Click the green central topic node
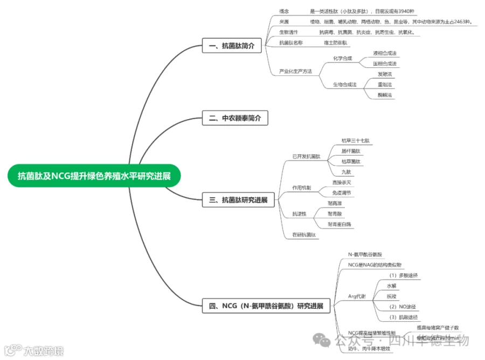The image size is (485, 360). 94,176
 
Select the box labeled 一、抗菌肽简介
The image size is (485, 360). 232,46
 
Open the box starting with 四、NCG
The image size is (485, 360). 266,306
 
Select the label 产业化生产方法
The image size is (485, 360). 295,71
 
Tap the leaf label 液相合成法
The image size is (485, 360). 385,53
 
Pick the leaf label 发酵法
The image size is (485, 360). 385,74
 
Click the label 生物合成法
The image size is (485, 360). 344,84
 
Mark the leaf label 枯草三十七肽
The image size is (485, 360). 355,141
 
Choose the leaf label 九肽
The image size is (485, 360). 346,172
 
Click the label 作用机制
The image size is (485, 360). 301,188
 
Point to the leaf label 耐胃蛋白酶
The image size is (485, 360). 339,224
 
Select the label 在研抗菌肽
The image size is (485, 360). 304,234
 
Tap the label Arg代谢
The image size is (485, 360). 356,296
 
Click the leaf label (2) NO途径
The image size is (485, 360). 402,306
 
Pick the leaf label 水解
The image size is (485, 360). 392,286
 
